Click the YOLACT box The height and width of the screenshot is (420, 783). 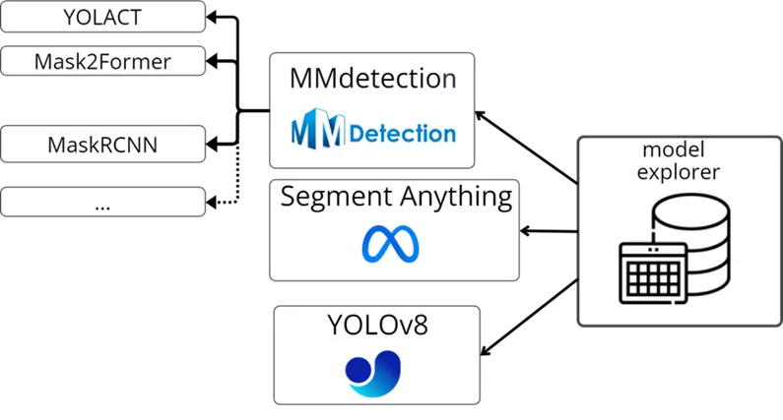pos(103,16)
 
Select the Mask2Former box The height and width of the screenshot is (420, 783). pos(103,62)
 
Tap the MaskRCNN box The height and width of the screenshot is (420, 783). pos(103,147)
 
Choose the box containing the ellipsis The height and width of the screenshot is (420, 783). pos(103,204)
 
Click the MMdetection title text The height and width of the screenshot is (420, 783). pos(372,80)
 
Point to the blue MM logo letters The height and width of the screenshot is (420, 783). pos(318,132)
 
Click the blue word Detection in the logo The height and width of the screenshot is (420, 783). pos(403,133)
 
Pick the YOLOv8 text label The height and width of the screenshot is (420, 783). pos(375,326)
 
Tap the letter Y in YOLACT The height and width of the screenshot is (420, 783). pos(68,16)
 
